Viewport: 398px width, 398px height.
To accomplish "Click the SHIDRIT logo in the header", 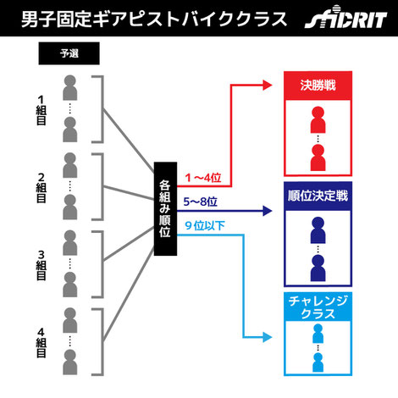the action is coord(345,18).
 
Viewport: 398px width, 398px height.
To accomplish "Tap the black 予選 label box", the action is coord(69,53).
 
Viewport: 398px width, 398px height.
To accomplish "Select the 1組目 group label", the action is coord(41,110).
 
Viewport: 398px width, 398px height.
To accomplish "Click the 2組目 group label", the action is coord(41,188).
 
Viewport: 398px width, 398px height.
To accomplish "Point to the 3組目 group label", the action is coord(41,266).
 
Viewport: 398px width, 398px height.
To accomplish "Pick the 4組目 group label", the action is coord(41,343).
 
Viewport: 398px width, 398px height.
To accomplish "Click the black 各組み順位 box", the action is coord(165,209).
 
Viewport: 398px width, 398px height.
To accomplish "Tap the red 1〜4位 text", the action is coord(203,178).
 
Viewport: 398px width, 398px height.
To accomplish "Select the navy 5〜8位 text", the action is coord(201,202).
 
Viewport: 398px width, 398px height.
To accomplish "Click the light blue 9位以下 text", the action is coord(205,226).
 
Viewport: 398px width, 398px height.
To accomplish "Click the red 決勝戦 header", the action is coord(318,86).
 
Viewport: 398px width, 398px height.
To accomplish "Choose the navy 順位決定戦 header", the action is coord(318,196).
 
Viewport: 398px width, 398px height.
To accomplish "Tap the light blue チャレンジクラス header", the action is coord(318,307).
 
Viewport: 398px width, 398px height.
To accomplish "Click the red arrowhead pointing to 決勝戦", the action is coord(268,85).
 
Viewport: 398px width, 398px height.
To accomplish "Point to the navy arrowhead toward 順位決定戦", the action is coord(268,211).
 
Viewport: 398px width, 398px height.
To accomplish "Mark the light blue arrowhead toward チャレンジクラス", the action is coord(268,337).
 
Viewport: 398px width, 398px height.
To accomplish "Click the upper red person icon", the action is coord(318,119).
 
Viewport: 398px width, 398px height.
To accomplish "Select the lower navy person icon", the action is coord(318,268).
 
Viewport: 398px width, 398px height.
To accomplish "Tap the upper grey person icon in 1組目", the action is coord(69,87).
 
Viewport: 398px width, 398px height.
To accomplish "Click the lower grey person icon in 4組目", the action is coord(69,362).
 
